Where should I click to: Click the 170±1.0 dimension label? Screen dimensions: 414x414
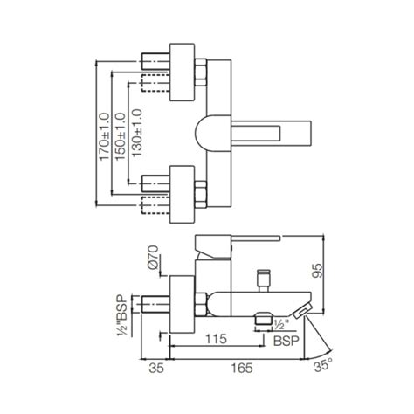(x=103, y=133)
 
